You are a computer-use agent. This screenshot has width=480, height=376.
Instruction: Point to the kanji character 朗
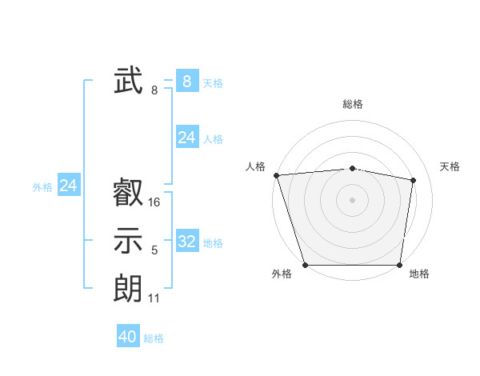click(x=128, y=289)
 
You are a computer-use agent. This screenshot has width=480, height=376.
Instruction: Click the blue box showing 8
click(x=186, y=81)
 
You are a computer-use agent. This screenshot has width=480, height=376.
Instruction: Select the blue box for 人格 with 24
click(x=186, y=138)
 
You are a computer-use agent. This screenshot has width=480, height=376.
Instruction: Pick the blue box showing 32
click(x=186, y=242)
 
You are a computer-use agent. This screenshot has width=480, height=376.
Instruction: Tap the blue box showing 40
click(x=128, y=337)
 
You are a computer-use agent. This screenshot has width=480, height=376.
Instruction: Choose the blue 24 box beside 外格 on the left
click(x=69, y=186)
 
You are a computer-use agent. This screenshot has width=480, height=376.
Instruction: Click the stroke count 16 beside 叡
click(x=154, y=202)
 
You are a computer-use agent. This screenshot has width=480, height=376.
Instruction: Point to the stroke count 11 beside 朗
click(x=154, y=298)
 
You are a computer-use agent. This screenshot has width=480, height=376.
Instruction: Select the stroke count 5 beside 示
click(x=154, y=251)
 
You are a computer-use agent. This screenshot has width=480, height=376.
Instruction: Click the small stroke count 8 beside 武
click(x=154, y=90)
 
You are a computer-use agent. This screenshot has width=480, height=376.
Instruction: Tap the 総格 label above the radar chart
click(x=353, y=105)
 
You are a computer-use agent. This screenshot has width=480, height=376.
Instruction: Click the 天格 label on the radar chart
click(x=450, y=166)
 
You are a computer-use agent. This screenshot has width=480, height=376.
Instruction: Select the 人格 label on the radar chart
click(x=255, y=166)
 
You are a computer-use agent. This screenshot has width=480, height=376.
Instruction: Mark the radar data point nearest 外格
click(x=306, y=265)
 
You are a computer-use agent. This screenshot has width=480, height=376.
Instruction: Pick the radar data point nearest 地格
click(x=399, y=265)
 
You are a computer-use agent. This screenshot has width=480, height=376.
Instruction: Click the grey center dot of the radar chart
click(x=353, y=200)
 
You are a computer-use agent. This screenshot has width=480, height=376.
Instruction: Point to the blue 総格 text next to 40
click(x=154, y=338)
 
